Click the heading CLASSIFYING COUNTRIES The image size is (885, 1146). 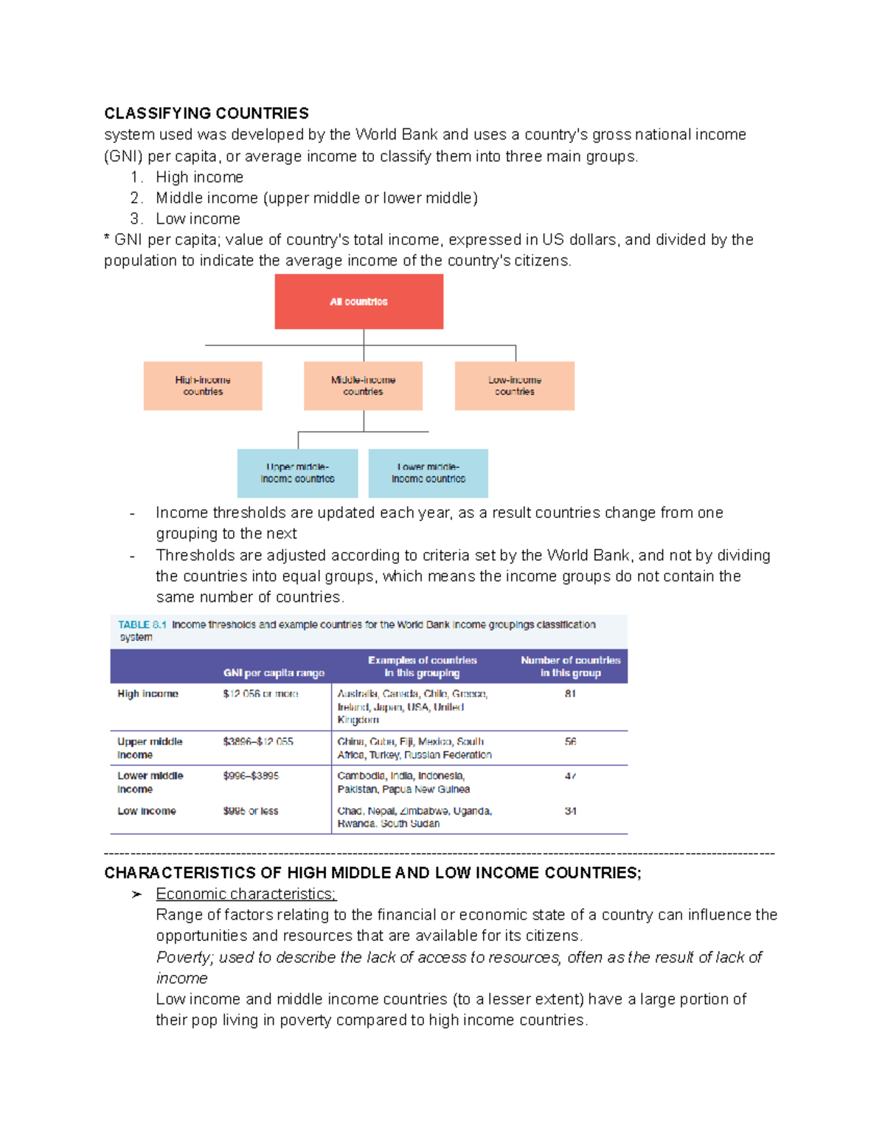[206, 113]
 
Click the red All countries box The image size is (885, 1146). [358, 302]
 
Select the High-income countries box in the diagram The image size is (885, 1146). [203, 386]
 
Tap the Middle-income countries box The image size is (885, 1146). [363, 386]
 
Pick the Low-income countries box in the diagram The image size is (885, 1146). [514, 386]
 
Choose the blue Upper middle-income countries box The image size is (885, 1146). [297, 473]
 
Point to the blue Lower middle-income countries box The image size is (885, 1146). [428, 473]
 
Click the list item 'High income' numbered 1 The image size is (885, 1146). [199, 177]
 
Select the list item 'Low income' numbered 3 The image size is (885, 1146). [198, 219]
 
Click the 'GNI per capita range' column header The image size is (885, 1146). [274, 673]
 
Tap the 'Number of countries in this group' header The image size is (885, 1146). [570, 666]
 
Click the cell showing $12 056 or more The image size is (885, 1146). [260, 694]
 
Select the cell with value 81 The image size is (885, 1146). [570, 694]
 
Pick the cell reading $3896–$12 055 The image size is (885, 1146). [257, 742]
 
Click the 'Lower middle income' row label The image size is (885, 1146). [150, 782]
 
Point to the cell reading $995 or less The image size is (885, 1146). [250, 811]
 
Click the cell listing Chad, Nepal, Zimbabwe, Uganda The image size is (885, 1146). [414, 817]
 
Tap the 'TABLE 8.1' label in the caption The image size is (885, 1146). [142, 625]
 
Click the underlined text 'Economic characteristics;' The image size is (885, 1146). [246, 894]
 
